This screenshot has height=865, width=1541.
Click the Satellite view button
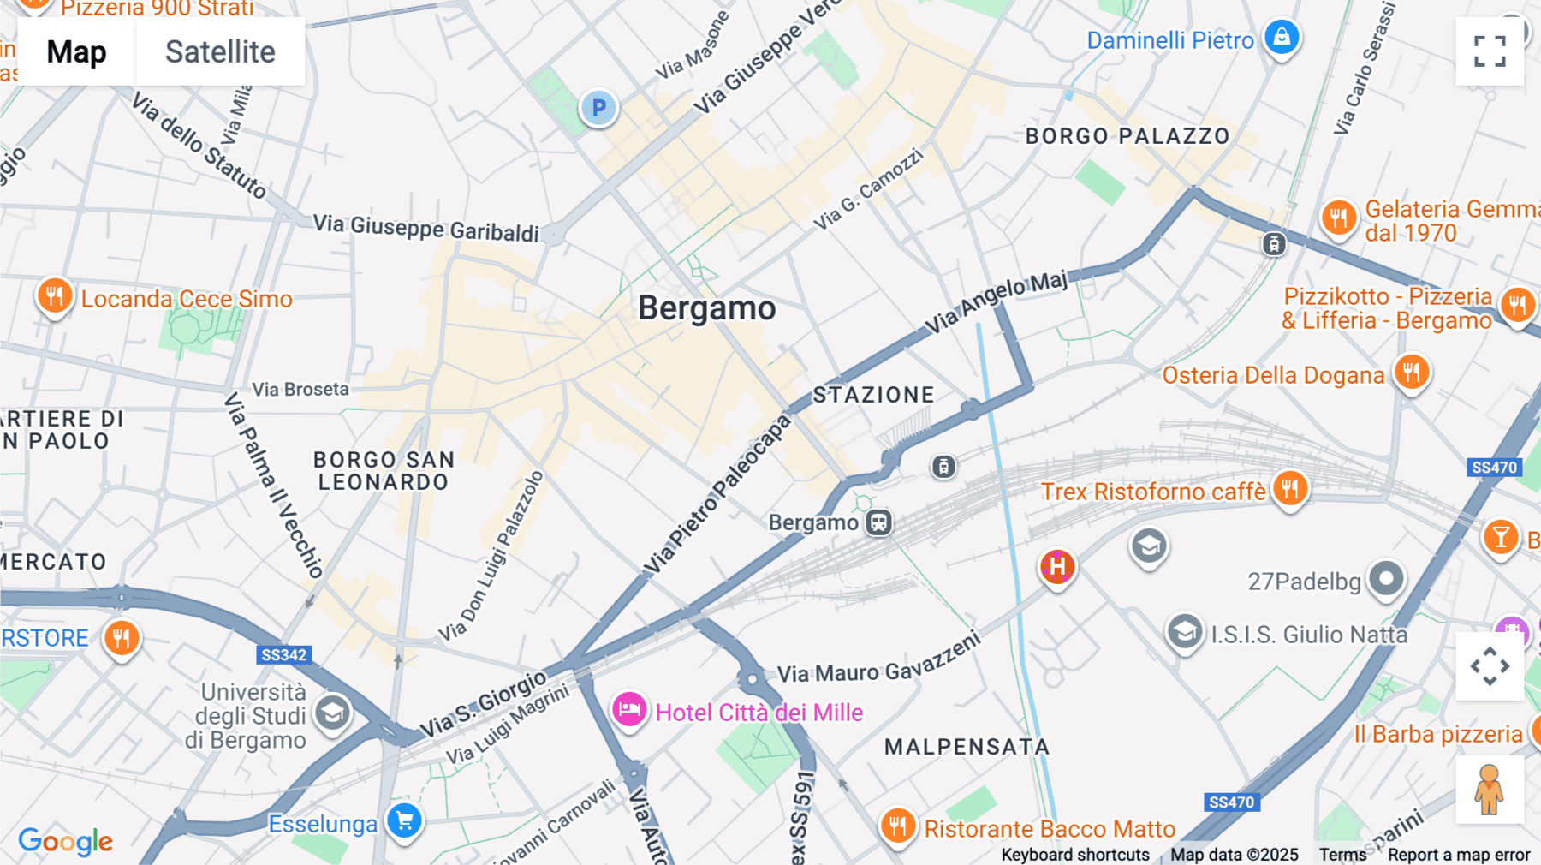coord(220,51)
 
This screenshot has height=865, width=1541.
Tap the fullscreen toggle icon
coord(1490,51)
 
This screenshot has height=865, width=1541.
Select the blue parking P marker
coord(598,108)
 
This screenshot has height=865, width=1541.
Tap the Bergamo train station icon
coord(878,522)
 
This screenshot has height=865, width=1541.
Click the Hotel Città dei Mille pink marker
coord(629,710)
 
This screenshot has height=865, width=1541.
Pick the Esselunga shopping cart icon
coord(404,821)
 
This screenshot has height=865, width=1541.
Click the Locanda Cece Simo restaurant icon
coord(54,297)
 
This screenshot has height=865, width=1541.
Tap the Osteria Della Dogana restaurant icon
coord(1411,373)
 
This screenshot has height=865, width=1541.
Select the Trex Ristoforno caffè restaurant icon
coord(1289,489)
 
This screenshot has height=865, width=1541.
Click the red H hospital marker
coord(1057,566)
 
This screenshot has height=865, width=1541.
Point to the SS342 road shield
coord(283,655)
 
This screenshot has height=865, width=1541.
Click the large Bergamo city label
coord(706,308)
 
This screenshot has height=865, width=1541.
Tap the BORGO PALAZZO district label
coord(1127,136)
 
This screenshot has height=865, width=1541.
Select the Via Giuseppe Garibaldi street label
coord(425,228)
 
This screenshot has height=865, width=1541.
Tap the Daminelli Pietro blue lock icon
coord(1282,37)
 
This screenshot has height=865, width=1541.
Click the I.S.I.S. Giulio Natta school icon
coord(1185,632)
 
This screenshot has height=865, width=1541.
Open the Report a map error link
coord(1459,855)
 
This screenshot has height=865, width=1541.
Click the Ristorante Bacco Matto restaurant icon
coord(898,826)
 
